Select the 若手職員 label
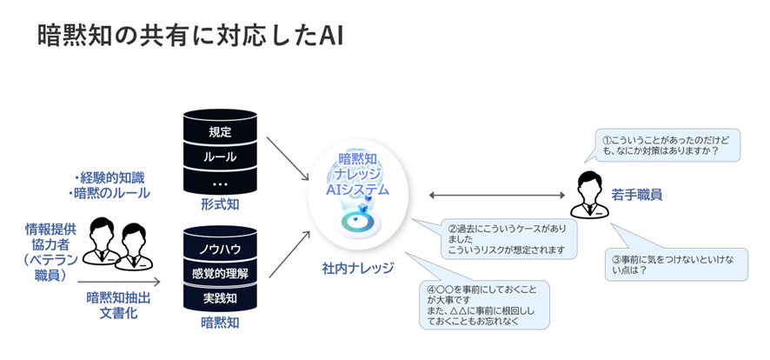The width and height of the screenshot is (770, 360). pos(638,195)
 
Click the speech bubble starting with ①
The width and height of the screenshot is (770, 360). pos(666,144)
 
